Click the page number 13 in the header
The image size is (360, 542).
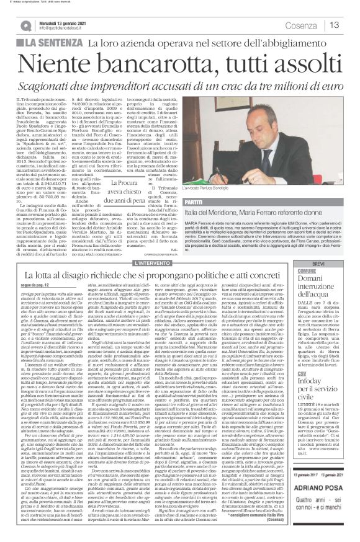(x=335, y=25)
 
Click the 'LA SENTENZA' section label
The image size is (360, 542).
(x=52, y=43)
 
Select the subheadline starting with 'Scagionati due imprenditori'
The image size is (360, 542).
(x=179, y=79)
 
